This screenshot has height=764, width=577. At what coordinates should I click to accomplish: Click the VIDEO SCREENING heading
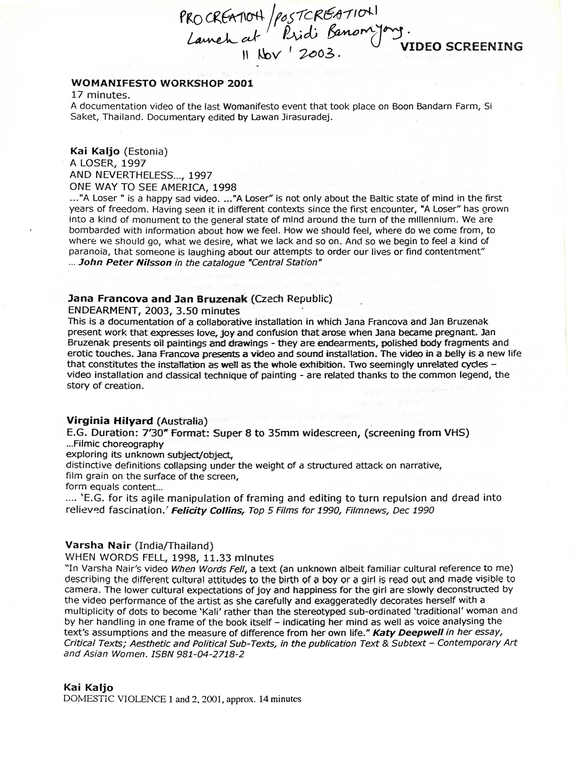pyautogui.click(x=461, y=46)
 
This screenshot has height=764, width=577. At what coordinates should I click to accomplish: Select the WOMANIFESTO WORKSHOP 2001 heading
pyautogui.click(x=162, y=84)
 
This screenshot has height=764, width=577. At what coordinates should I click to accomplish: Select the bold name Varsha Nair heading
pyautogui.click(x=98, y=545)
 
